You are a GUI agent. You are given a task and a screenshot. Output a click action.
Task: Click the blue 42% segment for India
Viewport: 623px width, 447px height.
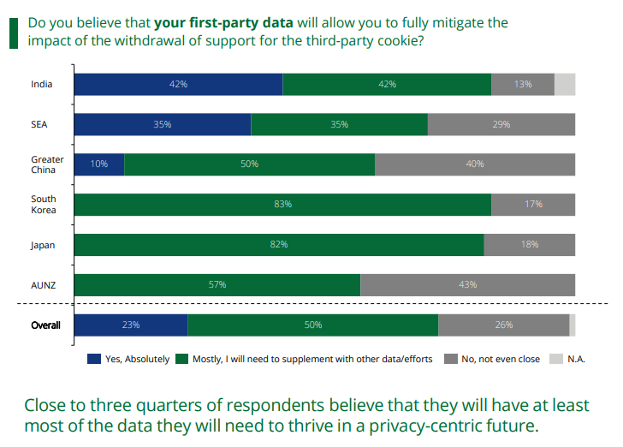pos(178,84)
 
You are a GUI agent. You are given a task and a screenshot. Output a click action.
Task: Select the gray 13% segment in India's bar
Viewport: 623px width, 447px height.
pos(523,84)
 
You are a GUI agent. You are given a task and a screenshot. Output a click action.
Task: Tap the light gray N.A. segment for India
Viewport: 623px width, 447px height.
pos(565,84)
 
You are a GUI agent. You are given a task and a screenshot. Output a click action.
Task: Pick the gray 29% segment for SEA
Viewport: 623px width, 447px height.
pos(501,124)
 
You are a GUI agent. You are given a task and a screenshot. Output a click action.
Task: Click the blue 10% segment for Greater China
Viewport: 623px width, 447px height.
pos(99,164)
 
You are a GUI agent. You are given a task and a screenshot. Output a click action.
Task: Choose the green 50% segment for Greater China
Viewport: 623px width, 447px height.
pos(249,164)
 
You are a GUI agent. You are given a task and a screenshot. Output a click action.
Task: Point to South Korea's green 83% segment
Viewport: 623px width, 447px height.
pos(282,205)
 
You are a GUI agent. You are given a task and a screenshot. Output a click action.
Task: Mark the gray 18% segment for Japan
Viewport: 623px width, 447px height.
pos(530,245)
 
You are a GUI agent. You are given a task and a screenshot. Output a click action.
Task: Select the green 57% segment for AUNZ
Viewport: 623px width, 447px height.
pos(217,285)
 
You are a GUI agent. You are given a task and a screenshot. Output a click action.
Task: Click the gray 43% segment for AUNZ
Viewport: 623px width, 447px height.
pos(467,285)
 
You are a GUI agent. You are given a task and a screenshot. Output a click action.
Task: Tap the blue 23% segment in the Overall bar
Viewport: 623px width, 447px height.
pos(131,325)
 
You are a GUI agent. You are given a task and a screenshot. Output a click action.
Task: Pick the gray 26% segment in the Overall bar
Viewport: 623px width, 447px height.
pos(503,325)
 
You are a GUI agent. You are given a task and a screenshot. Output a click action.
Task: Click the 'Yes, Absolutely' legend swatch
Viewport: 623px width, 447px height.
pos(94,359)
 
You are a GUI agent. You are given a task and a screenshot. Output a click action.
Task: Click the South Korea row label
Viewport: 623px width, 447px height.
pos(44,205)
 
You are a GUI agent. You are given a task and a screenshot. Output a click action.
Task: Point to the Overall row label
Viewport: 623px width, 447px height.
pos(45,325)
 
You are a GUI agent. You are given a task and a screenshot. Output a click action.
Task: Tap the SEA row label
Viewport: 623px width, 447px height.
pos(39,124)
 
